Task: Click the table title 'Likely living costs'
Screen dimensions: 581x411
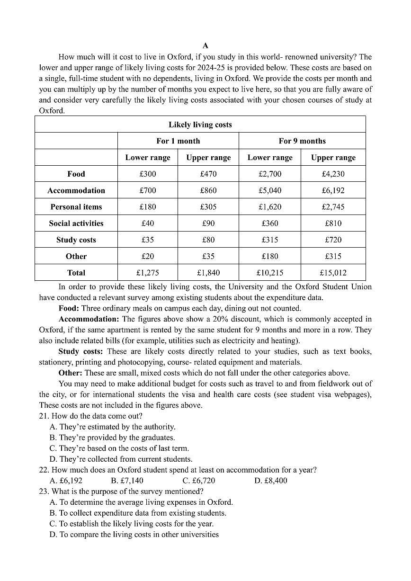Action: click(200, 125)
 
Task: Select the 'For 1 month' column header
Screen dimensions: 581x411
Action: click(178, 141)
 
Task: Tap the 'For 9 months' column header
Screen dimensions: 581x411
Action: click(302, 141)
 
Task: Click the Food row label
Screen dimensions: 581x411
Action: click(76, 174)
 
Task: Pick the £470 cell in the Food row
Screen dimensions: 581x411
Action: click(208, 174)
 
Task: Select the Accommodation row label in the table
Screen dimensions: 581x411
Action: click(76, 190)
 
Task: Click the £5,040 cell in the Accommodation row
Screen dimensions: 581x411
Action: click(270, 190)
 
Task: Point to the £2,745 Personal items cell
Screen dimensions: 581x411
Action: click(333, 207)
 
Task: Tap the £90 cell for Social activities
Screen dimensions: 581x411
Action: click(208, 223)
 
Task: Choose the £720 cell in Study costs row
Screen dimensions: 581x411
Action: click(333, 240)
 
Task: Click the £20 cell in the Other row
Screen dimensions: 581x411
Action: click(148, 256)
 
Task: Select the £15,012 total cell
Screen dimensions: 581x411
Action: click(333, 273)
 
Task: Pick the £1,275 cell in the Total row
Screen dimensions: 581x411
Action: click(148, 273)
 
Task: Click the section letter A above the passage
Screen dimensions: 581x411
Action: click(205, 46)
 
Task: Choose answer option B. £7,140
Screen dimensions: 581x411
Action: click(127, 481)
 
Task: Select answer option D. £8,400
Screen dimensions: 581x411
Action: click(270, 481)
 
